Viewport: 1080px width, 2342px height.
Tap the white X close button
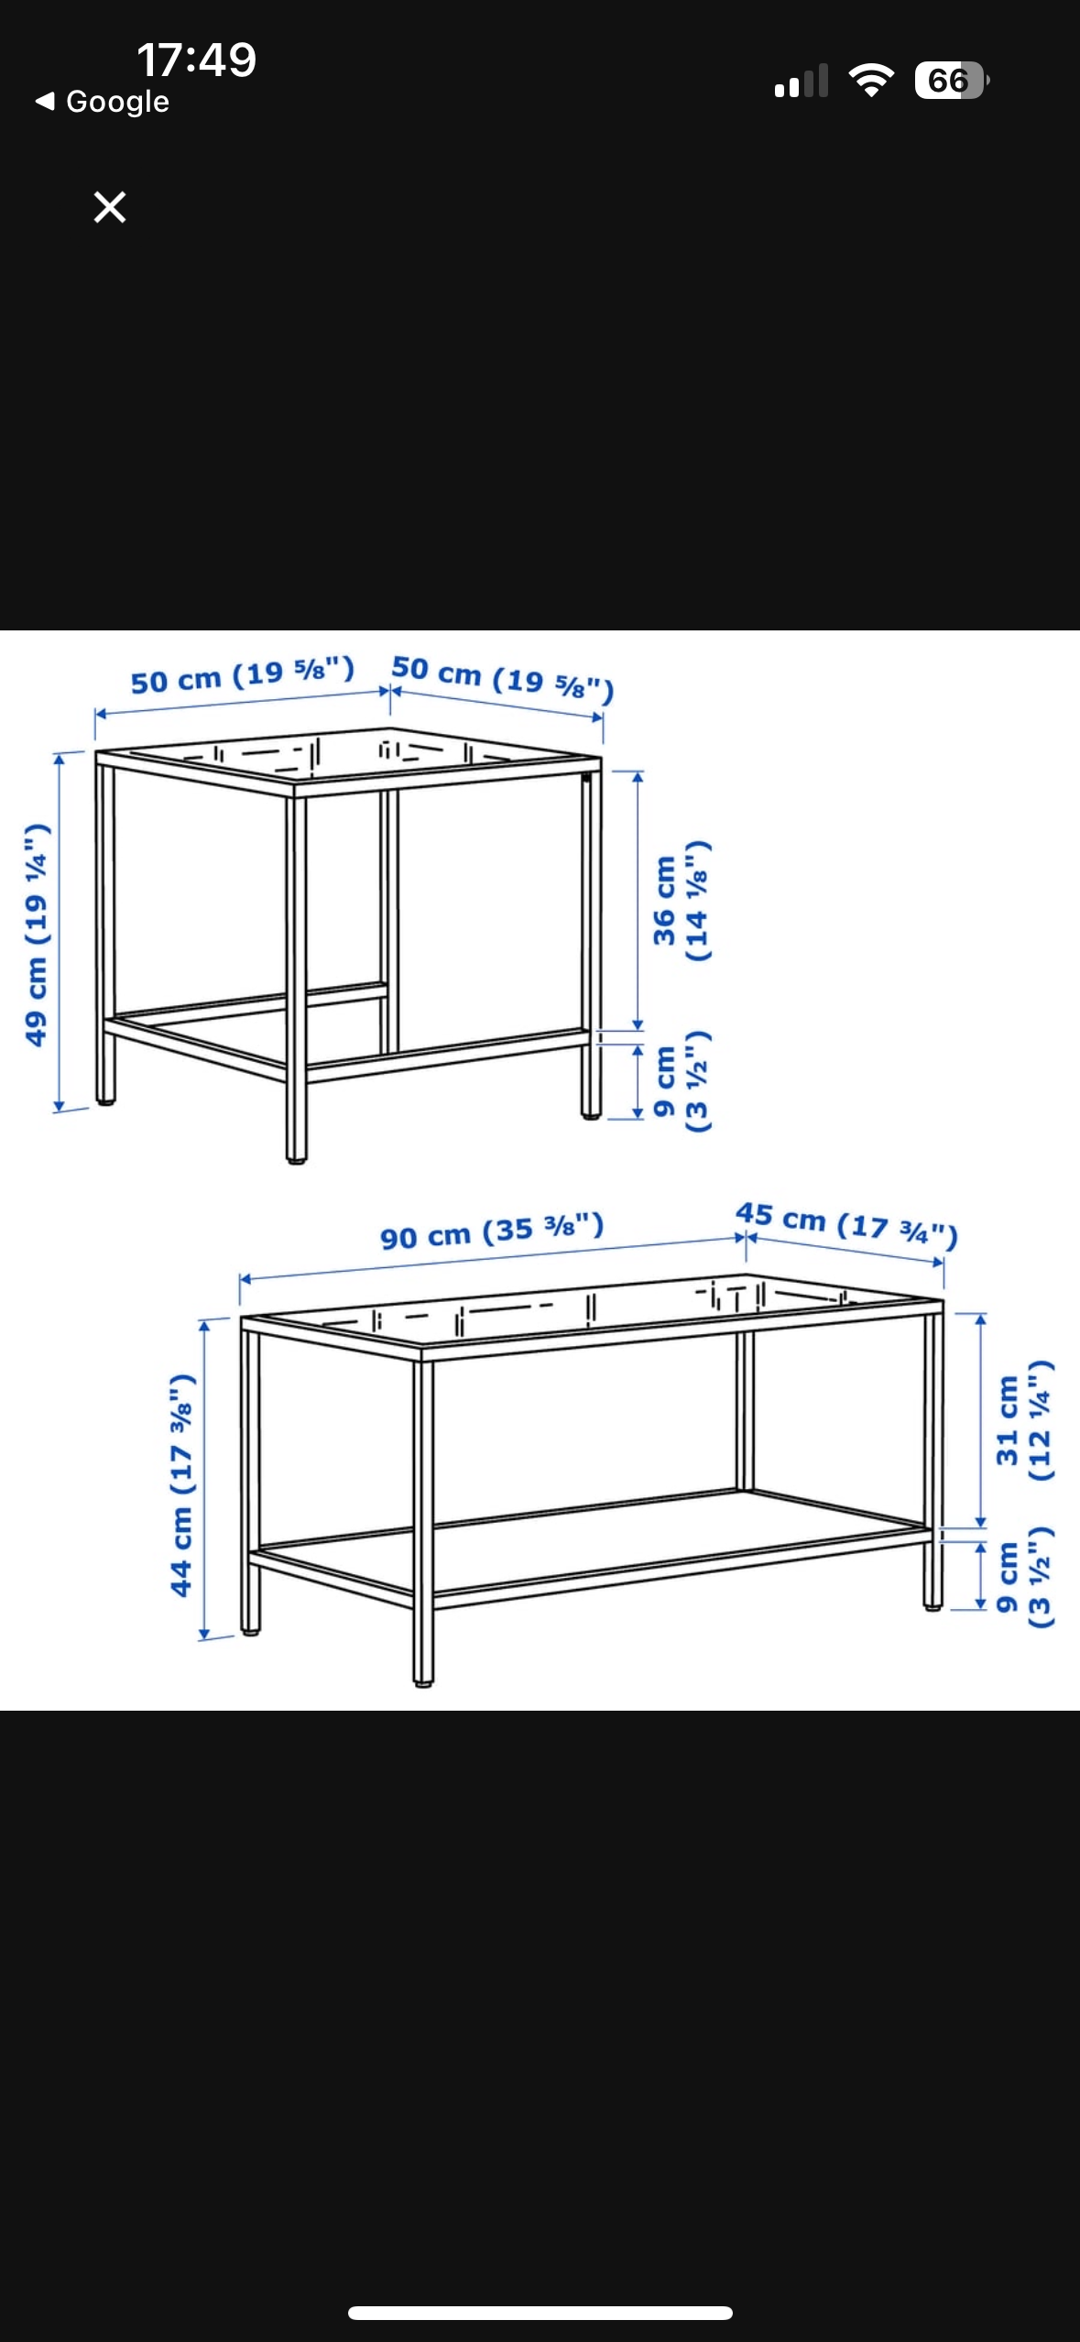(x=110, y=207)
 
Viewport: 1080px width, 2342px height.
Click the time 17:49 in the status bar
(x=196, y=60)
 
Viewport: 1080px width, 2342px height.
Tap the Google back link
(x=102, y=102)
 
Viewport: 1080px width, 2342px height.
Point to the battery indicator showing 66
(x=952, y=81)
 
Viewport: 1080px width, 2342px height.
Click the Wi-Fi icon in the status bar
(x=871, y=81)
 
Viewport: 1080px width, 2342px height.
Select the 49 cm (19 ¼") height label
(x=36, y=935)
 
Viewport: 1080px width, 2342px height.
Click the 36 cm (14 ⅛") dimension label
(x=682, y=902)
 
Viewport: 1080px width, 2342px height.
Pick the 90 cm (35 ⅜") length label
(x=492, y=1231)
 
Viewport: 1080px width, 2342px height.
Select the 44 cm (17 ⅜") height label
(x=182, y=1485)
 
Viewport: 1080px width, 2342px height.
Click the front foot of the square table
(x=296, y=1157)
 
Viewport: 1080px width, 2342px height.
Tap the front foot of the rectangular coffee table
(x=422, y=1680)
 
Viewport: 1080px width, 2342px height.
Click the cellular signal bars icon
(x=802, y=81)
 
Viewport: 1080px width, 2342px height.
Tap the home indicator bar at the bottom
(x=540, y=2313)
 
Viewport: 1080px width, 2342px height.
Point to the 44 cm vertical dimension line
(x=204, y=1479)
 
